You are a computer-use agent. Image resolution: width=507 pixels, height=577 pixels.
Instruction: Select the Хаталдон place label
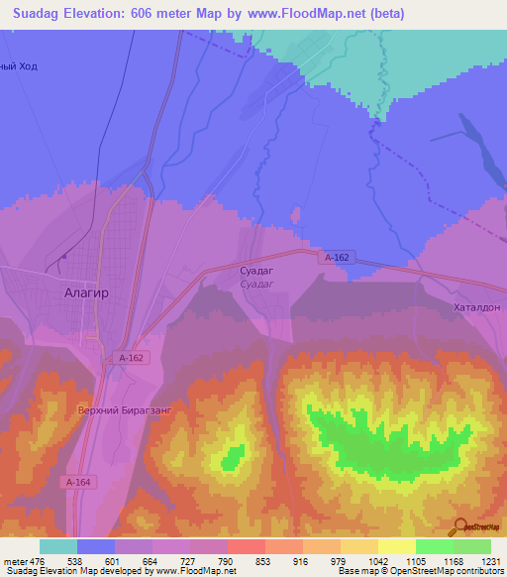(x=477, y=307)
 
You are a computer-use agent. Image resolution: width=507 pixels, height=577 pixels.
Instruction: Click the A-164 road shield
(x=78, y=482)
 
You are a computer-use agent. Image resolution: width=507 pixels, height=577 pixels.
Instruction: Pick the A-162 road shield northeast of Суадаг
(x=337, y=257)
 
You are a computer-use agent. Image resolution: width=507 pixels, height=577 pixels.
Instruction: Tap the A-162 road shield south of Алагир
(x=132, y=357)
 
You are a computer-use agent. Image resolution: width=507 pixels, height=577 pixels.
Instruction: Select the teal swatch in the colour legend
(x=58, y=546)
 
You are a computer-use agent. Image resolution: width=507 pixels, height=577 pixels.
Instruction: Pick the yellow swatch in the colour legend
(x=397, y=546)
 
